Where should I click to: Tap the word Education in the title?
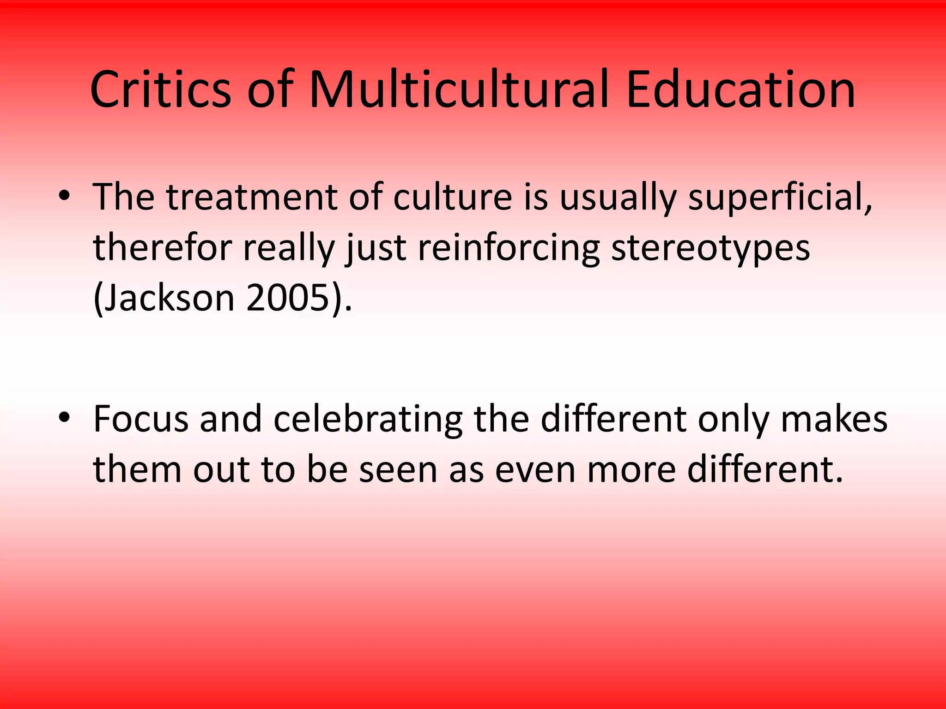740,90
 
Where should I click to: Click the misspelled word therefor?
162,248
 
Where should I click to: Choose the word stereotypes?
710,248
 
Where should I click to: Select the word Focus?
141,419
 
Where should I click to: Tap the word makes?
834,419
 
